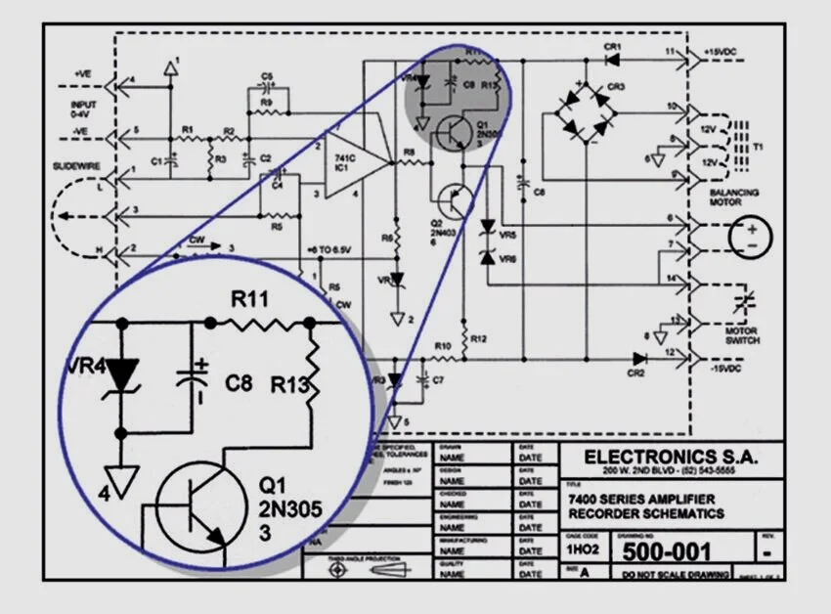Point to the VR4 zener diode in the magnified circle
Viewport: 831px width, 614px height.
121,373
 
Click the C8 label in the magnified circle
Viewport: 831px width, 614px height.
240,384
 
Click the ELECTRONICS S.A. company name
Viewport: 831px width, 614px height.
670,457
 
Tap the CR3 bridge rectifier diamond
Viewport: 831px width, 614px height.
587,113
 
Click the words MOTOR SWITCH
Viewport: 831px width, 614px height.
741,336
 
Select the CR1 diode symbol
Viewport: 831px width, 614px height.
613,59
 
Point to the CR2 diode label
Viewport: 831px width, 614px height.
636,373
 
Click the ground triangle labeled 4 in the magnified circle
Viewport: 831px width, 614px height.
121,481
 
